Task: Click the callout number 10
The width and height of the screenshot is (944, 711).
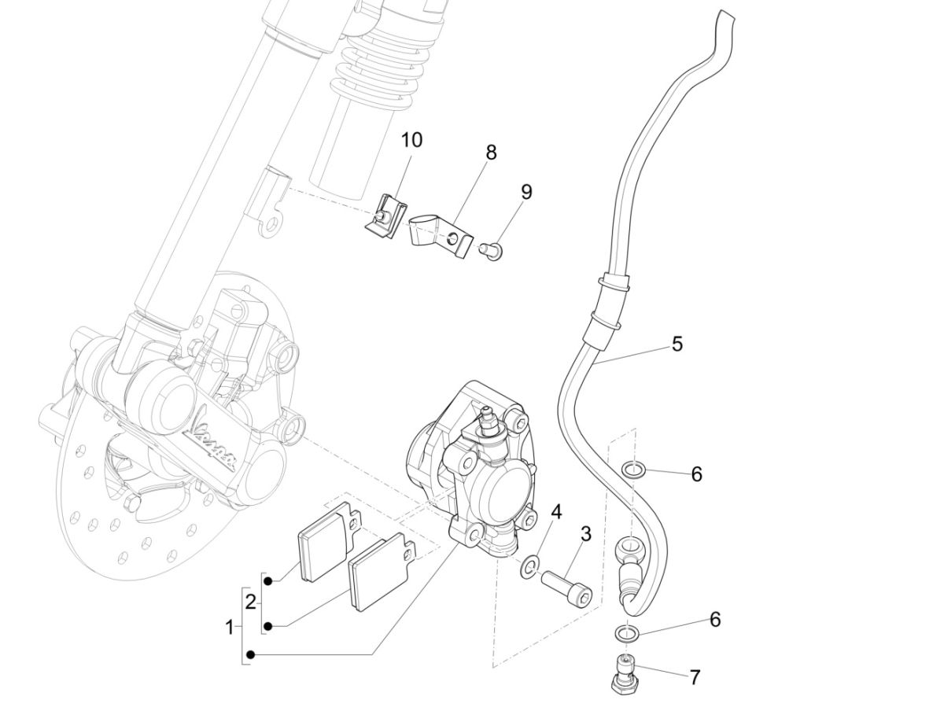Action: [x=411, y=140]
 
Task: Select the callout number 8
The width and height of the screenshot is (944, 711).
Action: [x=491, y=152]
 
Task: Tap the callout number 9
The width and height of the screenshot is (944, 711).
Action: [x=526, y=191]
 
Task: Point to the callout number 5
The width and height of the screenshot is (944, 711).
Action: [x=677, y=344]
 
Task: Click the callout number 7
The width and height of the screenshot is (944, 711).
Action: [x=695, y=677]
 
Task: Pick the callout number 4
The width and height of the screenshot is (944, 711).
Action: [x=556, y=512]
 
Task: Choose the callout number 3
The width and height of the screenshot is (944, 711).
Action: [x=585, y=535]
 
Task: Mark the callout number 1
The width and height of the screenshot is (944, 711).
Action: [x=229, y=628]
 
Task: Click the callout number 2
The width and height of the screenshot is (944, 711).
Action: [x=250, y=603]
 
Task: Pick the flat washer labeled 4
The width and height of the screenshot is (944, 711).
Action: [x=529, y=565]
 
